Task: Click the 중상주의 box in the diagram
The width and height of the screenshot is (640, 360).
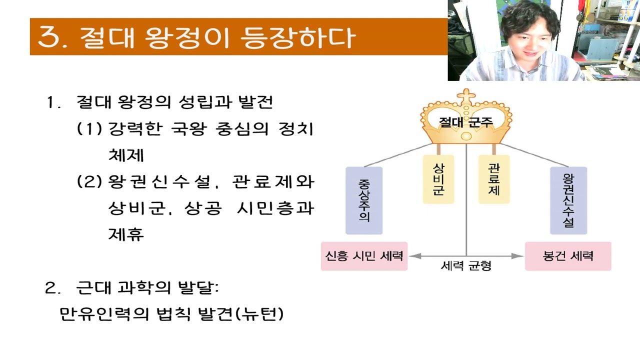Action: (x=364, y=200)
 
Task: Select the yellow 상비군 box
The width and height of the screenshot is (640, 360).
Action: (x=438, y=179)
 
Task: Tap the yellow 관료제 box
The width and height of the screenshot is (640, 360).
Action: (x=493, y=179)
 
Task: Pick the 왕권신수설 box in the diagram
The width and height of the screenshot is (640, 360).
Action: (x=568, y=200)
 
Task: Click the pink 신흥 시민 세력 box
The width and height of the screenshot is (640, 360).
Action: (x=364, y=256)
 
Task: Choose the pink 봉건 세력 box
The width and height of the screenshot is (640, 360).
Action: (x=568, y=256)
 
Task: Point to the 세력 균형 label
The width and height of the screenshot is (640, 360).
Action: (x=466, y=266)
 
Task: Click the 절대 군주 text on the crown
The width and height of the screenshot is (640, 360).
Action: (x=466, y=122)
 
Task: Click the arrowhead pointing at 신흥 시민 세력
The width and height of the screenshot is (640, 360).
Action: (x=413, y=256)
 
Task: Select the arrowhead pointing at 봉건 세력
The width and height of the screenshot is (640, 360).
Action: (x=519, y=256)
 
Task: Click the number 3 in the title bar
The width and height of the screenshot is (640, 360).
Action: (x=49, y=37)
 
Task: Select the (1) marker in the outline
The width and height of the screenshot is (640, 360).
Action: (x=89, y=129)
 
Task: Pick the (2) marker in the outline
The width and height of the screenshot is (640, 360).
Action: (x=89, y=181)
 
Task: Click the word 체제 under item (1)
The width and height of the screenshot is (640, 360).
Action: (x=126, y=155)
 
